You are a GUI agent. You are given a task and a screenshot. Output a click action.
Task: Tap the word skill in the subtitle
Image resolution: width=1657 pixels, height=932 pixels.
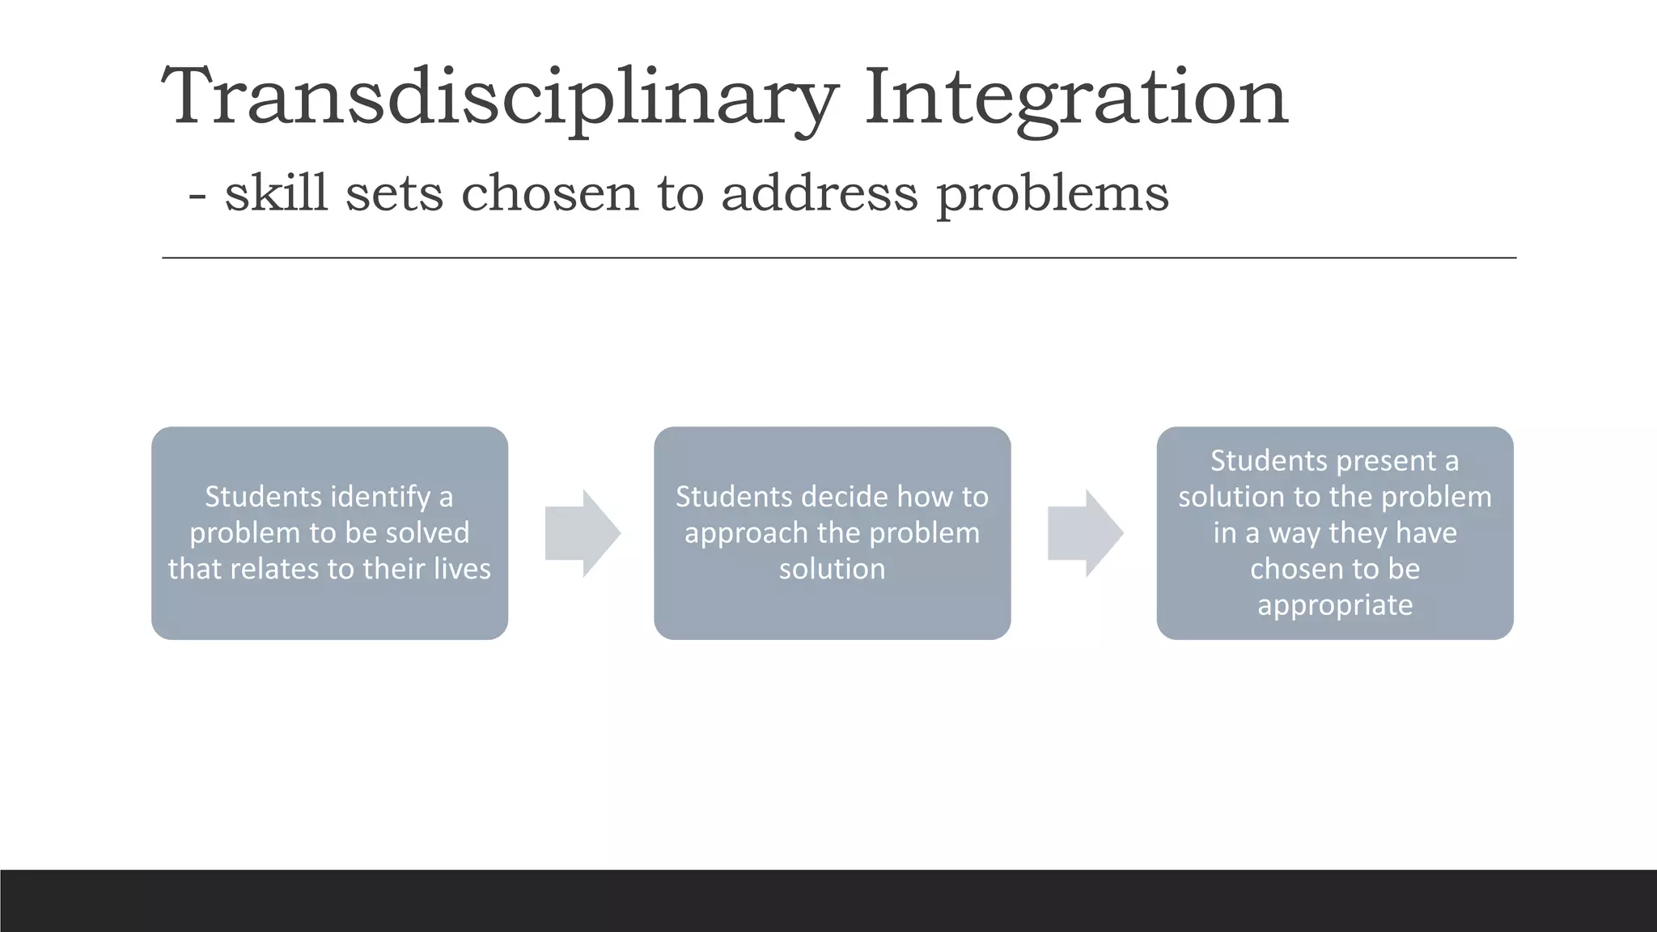coord(276,193)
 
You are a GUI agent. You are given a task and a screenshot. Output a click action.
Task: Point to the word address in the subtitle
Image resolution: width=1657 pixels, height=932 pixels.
coord(819,193)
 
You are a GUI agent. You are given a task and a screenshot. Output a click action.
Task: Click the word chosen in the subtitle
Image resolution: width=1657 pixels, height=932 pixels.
coord(549,193)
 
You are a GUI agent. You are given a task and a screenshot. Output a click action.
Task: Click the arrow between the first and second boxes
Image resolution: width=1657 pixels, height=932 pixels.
coord(582,533)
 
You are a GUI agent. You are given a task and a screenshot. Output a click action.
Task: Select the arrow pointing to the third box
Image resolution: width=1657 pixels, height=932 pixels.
coord(1085,533)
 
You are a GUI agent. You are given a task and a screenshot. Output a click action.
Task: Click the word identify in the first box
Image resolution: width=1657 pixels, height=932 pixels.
coord(351,497)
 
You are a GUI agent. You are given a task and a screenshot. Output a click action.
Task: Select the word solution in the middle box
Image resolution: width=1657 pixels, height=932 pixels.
coord(832,569)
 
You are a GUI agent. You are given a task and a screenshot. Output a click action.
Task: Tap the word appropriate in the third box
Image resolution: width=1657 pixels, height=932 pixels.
coord(1335,605)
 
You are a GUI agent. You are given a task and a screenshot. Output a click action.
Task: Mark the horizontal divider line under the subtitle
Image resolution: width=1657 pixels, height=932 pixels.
coord(838,258)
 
